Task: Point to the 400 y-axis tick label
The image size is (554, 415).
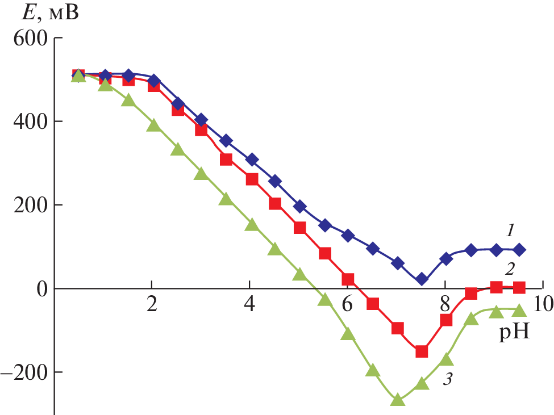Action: [29, 121]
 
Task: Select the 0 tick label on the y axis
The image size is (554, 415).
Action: [42, 288]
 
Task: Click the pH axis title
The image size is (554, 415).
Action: [514, 332]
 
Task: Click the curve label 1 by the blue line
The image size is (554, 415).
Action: [510, 230]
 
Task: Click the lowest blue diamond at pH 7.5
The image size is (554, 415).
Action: [422, 279]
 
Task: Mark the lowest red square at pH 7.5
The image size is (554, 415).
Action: [422, 351]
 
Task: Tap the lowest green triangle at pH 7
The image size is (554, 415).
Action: [398, 400]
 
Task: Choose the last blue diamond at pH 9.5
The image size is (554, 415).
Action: [519, 250]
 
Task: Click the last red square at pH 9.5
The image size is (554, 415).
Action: [519, 287]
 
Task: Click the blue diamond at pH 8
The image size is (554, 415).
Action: [446, 259]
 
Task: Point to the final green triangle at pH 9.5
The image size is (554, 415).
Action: [519, 310]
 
